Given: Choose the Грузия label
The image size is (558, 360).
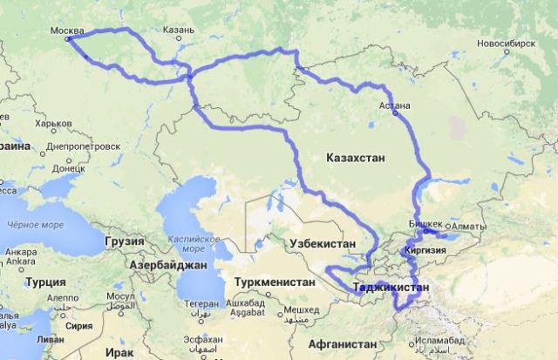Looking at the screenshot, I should (x=123, y=241).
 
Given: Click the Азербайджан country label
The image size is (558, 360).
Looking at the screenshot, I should (x=167, y=263).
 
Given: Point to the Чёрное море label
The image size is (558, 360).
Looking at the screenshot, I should (x=35, y=224).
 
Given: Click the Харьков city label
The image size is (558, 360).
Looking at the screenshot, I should (x=54, y=124).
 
